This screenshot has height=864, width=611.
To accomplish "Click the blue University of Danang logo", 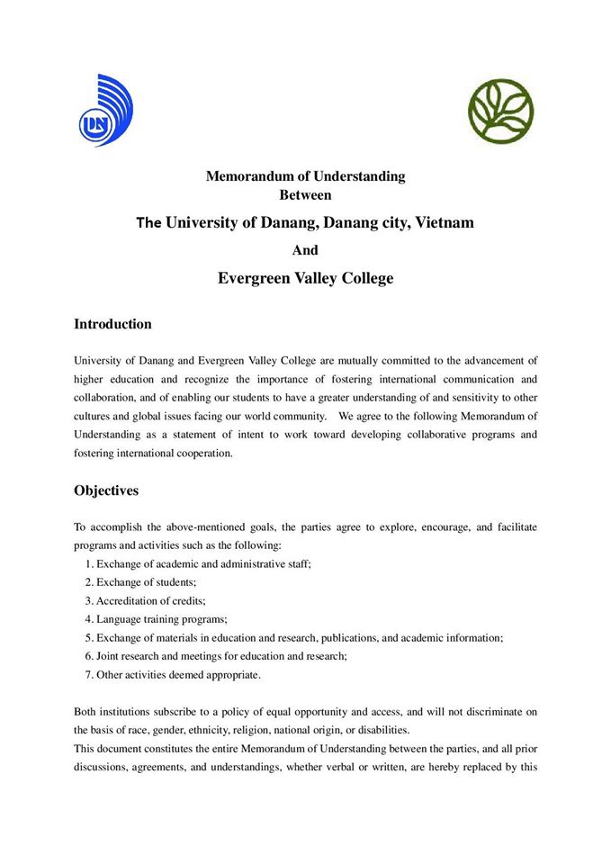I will (x=105, y=111).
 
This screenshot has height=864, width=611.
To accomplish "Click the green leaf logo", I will (x=500, y=111).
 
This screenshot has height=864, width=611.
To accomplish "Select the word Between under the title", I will (x=305, y=193).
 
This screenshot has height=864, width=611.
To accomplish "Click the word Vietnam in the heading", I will (x=444, y=221).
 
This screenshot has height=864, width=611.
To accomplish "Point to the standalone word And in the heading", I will (x=305, y=250).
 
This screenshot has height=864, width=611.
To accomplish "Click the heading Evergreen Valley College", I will (x=305, y=278).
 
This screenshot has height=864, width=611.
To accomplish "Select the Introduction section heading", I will (x=112, y=324).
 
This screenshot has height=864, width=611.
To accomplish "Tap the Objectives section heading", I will (x=106, y=491).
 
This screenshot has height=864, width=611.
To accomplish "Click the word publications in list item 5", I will (x=346, y=637).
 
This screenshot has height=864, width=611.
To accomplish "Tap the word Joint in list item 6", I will (x=111, y=656).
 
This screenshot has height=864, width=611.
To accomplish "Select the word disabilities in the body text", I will (x=382, y=730).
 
